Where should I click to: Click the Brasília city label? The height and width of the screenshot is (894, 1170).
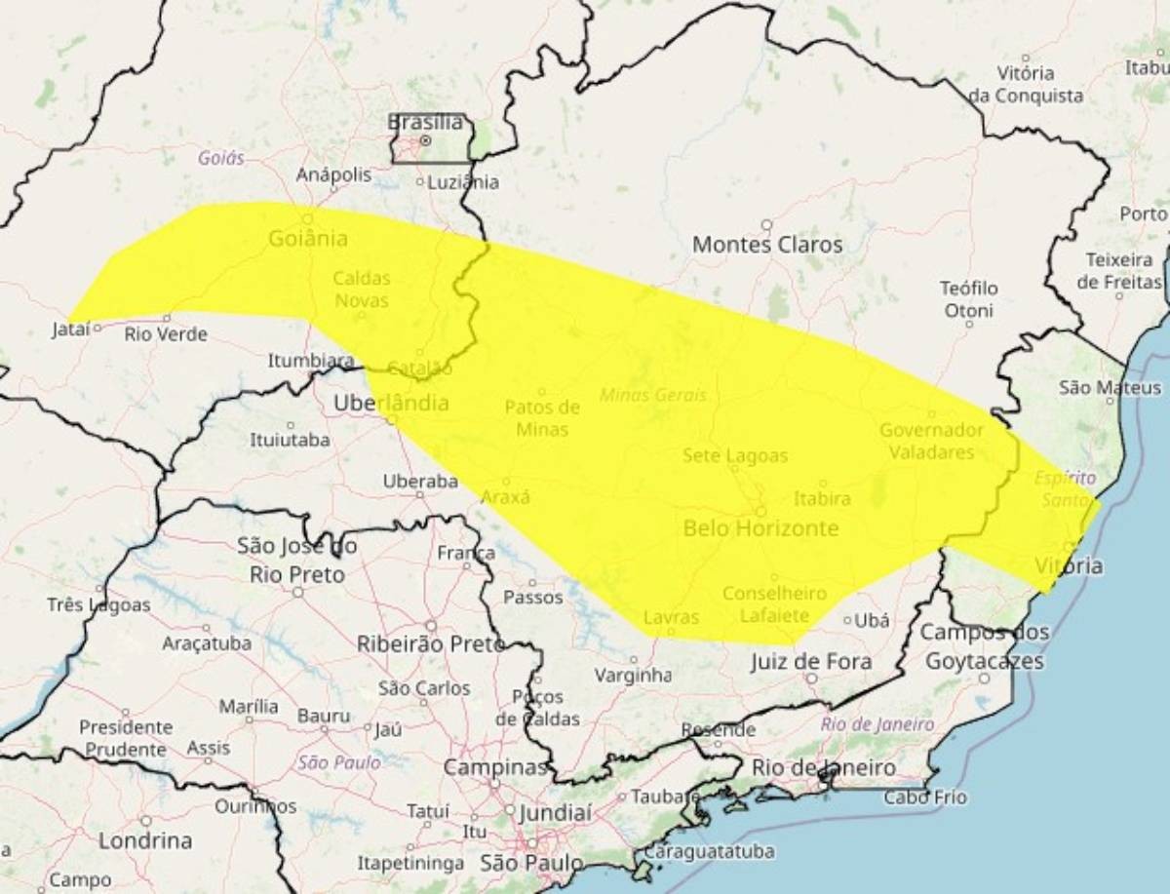point(425,123)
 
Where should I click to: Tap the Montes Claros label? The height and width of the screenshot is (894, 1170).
point(766,245)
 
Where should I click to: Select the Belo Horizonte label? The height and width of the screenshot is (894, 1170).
point(760,528)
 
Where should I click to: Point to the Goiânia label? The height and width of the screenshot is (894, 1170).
point(309,238)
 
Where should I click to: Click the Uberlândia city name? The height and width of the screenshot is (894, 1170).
point(391,403)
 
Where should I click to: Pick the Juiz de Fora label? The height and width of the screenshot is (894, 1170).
point(811,662)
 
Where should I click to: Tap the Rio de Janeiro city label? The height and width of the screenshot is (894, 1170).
point(824,767)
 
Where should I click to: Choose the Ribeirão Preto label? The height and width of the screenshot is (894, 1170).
point(430,643)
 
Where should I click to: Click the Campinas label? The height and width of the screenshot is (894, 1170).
point(495,767)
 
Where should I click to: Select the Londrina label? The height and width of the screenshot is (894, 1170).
point(145,840)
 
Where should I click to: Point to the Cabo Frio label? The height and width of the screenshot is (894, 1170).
point(925,797)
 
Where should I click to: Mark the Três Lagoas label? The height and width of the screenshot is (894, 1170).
point(98,605)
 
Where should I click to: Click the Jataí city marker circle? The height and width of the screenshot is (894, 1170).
point(97,329)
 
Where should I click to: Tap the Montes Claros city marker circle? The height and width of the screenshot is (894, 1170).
point(766,224)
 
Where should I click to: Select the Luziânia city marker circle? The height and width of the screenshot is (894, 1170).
point(420,181)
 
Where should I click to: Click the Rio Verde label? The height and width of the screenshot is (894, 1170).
point(166,334)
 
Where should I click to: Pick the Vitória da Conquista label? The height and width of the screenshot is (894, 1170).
point(1026,85)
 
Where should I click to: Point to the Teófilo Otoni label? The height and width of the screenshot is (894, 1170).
point(967,299)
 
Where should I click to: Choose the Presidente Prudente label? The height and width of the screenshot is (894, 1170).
point(125,738)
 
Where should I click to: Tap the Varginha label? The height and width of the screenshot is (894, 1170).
point(634,675)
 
